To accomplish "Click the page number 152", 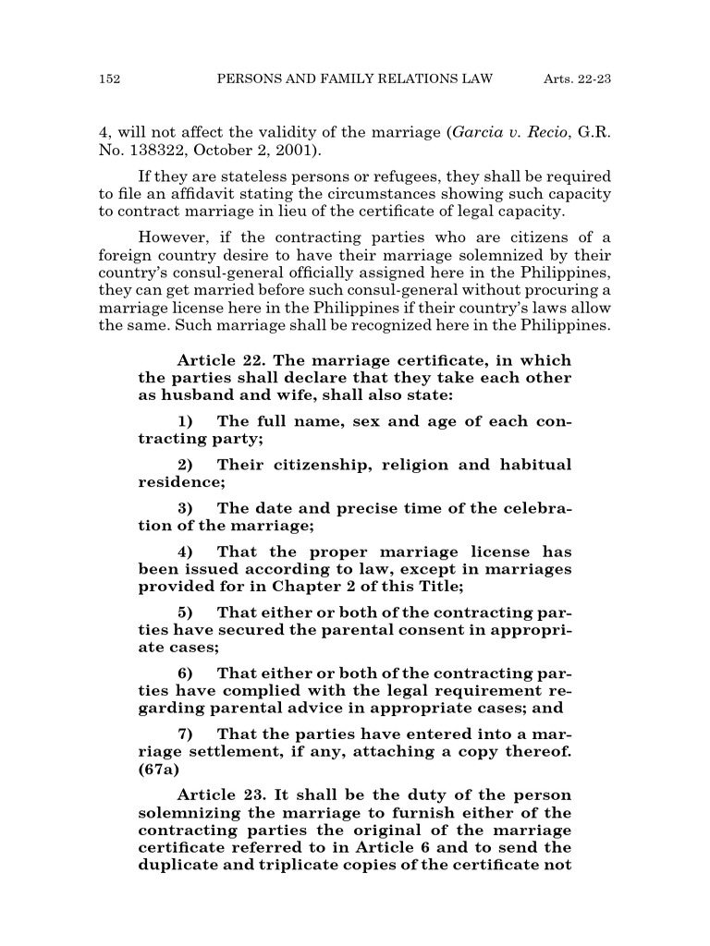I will (110, 80).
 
